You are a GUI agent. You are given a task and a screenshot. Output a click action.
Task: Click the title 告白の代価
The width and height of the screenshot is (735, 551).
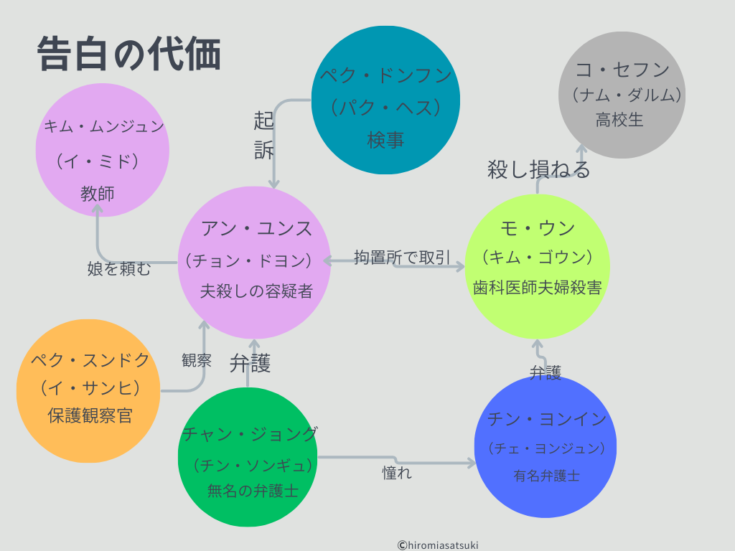click(x=128, y=55)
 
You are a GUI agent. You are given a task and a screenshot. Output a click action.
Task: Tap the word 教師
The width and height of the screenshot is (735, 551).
click(x=98, y=193)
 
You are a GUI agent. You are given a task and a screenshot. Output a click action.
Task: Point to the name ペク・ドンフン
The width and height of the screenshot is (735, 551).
click(x=385, y=76)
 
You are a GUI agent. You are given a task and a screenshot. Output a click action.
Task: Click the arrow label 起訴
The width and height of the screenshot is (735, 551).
click(x=263, y=135)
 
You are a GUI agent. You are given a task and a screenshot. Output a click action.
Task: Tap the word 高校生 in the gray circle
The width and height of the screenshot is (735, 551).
click(x=619, y=120)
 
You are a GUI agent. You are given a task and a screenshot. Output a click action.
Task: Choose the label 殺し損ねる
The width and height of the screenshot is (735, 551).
click(x=539, y=169)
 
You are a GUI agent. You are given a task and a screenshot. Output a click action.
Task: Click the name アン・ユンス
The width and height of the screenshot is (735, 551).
click(x=256, y=229)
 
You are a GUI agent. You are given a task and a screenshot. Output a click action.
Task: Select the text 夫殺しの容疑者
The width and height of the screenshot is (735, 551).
click(x=256, y=291)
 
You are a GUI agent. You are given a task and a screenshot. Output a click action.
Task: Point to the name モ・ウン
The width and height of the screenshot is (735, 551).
click(x=538, y=228)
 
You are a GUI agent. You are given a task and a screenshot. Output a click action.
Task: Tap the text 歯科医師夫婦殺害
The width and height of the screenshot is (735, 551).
click(x=538, y=287)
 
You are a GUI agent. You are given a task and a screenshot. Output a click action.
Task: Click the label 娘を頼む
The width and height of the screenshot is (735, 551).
click(x=120, y=269)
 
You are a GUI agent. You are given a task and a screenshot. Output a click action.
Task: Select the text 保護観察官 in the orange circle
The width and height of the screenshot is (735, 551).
click(x=90, y=415)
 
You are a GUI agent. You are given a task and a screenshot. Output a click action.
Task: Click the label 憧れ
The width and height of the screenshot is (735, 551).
click(x=397, y=474)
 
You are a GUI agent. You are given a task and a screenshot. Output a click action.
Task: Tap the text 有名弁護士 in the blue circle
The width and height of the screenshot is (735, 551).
click(x=546, y=475)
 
